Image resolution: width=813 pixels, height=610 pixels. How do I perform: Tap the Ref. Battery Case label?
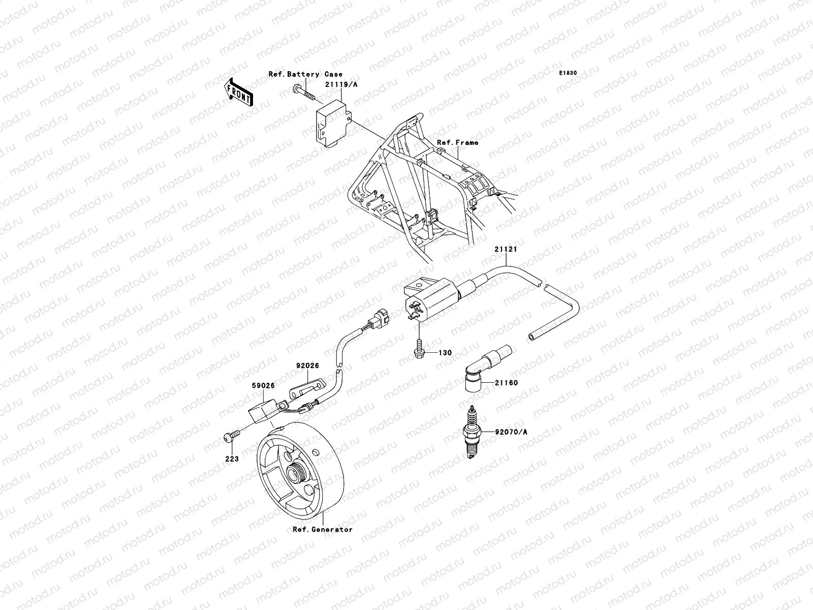[305, 74]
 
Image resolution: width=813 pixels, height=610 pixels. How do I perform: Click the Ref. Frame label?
[457, 143]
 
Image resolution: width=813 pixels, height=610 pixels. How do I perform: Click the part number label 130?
[445, 353]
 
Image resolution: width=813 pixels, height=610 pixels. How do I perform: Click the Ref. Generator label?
[322, 530]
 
